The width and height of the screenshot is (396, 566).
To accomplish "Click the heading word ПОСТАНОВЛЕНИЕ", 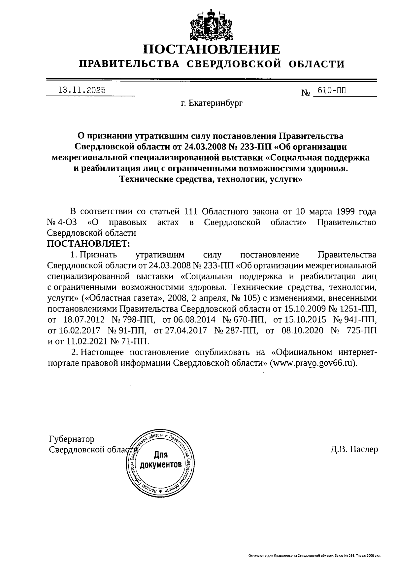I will [212, 50].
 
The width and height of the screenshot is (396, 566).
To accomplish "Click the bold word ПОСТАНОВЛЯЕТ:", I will [89, 244].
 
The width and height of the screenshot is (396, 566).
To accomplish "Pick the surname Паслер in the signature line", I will [364, 449].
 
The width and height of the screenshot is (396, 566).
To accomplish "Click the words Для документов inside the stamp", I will [161, 460].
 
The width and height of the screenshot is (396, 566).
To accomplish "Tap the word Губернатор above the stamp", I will [71, 439].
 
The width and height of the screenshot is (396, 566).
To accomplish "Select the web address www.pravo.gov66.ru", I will [313, 363].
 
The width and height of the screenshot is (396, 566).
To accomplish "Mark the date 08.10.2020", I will [303, 330].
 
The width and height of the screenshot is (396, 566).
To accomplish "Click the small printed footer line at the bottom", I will [314, 556].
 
